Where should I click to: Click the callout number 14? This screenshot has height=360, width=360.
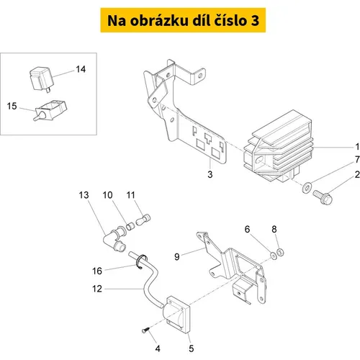[x=81, y=69]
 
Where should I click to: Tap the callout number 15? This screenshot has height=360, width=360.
[x=12, y=106]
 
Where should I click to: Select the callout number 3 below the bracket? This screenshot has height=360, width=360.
[x=210, y=174]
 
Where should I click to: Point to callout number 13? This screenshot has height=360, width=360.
[x=84, y=195]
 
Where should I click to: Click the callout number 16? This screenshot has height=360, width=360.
[x=97, y=271]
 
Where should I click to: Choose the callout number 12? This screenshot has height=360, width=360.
[x=97, y=289]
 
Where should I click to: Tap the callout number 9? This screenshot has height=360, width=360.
[x=177, y=257]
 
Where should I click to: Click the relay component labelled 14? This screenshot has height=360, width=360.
[x=41, y=78]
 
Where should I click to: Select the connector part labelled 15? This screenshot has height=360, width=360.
[x=50, y=110]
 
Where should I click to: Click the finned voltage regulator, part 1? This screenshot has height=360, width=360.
[x=279, y=146]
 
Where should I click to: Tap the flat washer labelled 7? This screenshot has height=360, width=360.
[x=307, y=187]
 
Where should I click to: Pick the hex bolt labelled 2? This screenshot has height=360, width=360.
[x=323, y=197]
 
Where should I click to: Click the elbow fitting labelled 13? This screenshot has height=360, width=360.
[x=114, y=239]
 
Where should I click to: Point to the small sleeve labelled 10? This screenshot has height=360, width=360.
[x=130, y=226]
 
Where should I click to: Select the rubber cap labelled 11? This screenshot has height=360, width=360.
[x=143, y=220]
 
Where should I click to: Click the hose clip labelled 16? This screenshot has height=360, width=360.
[x=142, y=261]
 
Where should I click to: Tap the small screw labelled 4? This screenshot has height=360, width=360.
[x=145, y=330]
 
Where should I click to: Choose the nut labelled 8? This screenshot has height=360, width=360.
[x=280, y=252]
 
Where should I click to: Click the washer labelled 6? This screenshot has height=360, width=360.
[x=274, y=256]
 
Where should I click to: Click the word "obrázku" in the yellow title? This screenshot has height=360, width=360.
[x=159, y=20]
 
